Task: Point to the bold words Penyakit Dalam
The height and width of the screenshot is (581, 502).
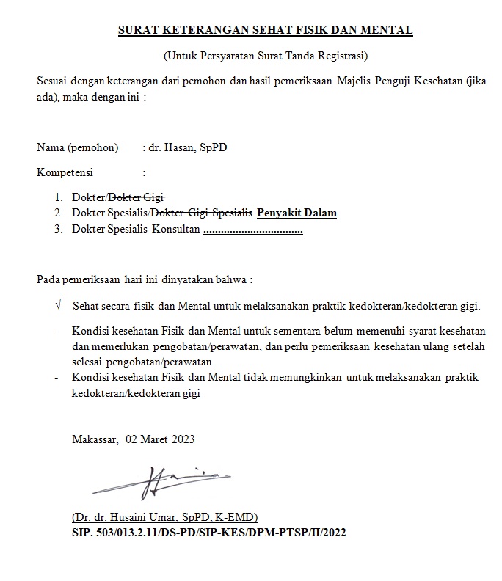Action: pyautogui.click(x=297, y=213)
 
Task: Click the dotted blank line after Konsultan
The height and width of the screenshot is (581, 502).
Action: pyautogui.click(x=253, y=230)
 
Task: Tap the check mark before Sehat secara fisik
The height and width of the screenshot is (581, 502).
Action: pyautogui.click(x=58, y=304)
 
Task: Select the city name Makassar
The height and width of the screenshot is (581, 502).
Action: pyautogui.click(x=95, y=440)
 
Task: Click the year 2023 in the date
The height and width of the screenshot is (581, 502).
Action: pyautogui.click(x=183, y=440)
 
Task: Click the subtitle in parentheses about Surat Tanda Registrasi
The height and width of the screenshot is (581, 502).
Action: pyautogui.click(x=265, y=56)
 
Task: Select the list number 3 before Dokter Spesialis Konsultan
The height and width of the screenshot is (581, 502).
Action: pyautogui.click(x=59, y=230)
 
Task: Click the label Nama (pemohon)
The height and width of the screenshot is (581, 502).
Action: pyautogui.click(x=77, y=147)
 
